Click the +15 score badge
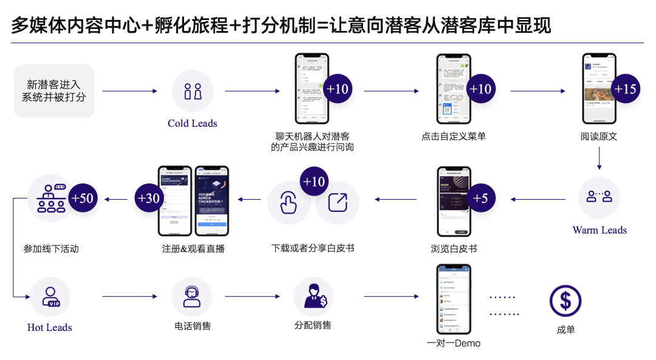tap(625, 89)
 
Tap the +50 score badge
tap(83, 198)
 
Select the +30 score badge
tap(149, 198)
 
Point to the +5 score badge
tap(480, 198)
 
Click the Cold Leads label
tap(192, 123)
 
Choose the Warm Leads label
tap(599, 230)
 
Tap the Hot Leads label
tap(50, 327)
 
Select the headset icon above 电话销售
tap(192, 296)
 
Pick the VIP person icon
tap(50, 296)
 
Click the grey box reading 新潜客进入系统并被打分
tap(54, 91)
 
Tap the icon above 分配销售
tap(313, 296)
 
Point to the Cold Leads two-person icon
tap(193, 91)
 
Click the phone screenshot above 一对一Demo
tap(454, 299)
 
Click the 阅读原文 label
tap(598, 137)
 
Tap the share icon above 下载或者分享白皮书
tap(337, 202)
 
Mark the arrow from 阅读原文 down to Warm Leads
tap(599, 158)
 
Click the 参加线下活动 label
tap(51, 248)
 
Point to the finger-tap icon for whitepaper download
tap(289, 202)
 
